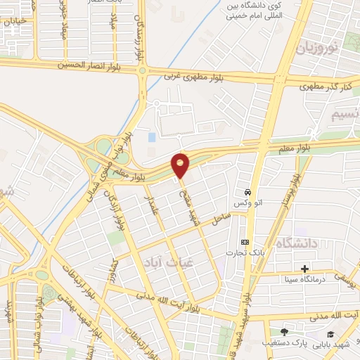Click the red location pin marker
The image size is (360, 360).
click(x=180, y=165)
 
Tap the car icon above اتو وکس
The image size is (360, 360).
click(x=247, y=192)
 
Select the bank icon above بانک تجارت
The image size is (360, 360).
click(x=244, y=241)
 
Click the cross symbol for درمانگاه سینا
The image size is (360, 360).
click(x=304, y=269)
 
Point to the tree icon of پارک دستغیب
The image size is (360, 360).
click(x=284, y=332)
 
